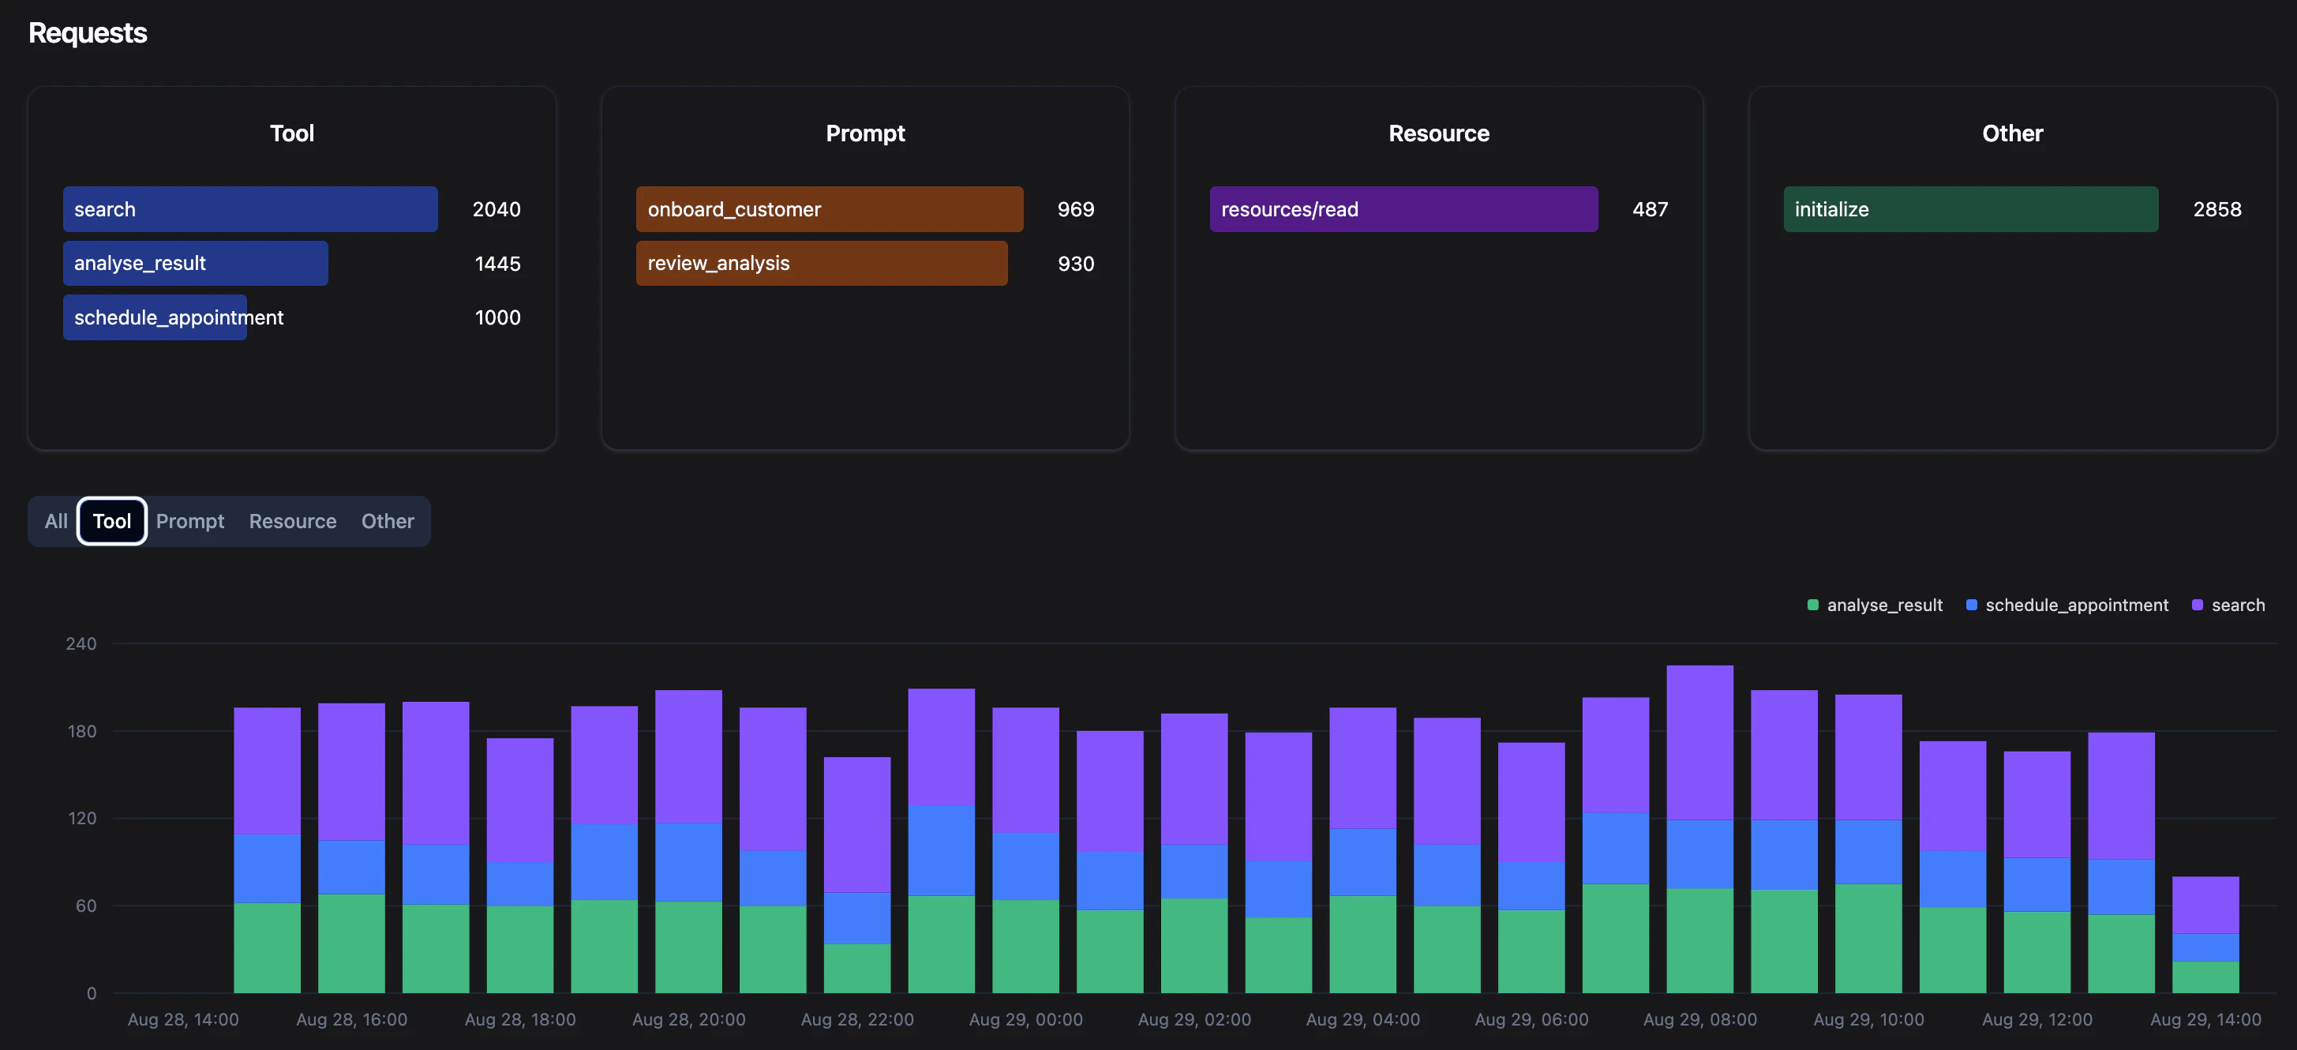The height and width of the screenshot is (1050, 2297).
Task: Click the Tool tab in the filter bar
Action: (x=111, y=521)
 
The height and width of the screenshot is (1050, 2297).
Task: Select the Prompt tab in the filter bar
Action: (x=190, y=521)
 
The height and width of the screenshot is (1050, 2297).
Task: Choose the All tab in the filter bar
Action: (x=56, y=521)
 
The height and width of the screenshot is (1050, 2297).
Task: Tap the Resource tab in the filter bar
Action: (x=293, y=521)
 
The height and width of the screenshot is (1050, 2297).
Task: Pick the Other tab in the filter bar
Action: (x=387, y=521)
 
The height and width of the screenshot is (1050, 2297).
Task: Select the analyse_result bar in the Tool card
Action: (x=195, y=263)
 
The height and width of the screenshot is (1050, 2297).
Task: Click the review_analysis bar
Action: (x=821, y=263)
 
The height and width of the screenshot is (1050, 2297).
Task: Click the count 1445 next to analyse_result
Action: (x=497, y=264)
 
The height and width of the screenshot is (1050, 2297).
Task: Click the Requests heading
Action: (x=88, y=33)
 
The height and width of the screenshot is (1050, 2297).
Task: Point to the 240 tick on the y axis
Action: (x=81, y=643)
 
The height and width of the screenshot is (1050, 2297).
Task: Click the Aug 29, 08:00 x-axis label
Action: (x=1699, y=1018)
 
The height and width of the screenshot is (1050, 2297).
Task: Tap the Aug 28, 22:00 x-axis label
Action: (x=857, y=1018)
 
